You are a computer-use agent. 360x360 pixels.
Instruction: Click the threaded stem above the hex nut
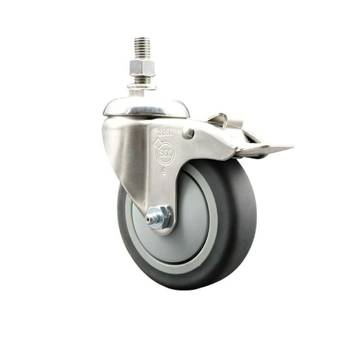pyautogui.click(x=143, y=47)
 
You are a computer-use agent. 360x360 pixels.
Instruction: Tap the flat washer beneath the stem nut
pyautogui.click(x=142, y=86)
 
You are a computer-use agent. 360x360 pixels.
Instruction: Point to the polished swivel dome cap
pyautogui.click(x=146, y=107)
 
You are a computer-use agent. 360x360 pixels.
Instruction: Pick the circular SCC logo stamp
pyautogui.click(x=165, y=153)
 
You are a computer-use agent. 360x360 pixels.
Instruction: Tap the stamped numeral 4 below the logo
pyautogui.click(x=163, y=170)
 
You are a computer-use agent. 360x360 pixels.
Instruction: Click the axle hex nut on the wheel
pyautogui.click(x=161, y=217)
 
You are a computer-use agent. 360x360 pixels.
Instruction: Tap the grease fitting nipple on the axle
pyautogui.click(x=149, y=219)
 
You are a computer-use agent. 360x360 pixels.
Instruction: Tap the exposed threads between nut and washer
pyautogui.click(x=142, y=79)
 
